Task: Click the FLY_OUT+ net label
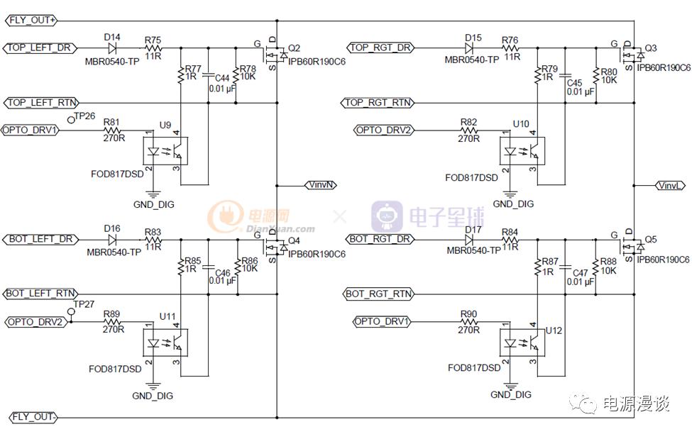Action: click(x=33, y=20)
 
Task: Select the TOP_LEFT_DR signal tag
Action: click(x=40, y=48)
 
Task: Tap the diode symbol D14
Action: click(x=112, y=48)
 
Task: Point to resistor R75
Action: click(x=153, y=48)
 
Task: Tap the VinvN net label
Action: click(x=321, y=185)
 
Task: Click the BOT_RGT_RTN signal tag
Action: click(x=378, y=294)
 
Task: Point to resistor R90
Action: click(x=469, y=323)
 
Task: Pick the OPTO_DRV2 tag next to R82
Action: click(x=383, y=130)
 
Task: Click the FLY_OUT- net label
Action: click(x=33, y=417)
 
